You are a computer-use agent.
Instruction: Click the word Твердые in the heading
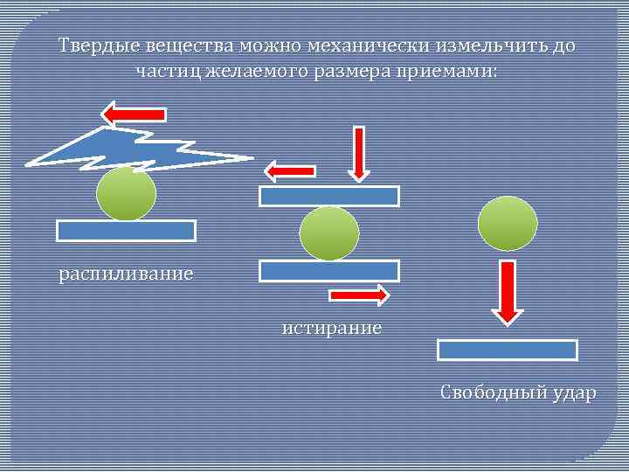coord(90,45)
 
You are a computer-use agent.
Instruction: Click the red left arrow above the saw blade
coord(134,114)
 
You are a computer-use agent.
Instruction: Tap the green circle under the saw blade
coord(127,194)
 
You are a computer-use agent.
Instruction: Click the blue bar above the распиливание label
coord(126,231)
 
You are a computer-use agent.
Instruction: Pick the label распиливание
coord(126,274)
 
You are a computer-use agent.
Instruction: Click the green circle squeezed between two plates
coord(329,233)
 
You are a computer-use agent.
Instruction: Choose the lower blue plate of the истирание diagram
coord(329,271)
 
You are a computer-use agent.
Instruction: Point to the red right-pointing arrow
coord(358,296)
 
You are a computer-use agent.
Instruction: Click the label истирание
coord(331,329)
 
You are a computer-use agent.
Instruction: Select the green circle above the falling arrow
coord(508,223)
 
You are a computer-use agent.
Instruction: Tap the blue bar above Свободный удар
coord(507,350)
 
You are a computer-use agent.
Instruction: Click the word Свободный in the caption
coord(491,393)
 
